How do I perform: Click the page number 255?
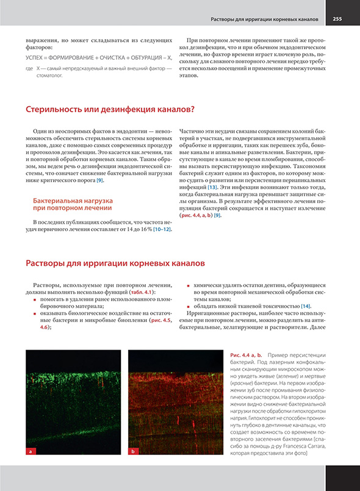(337, 19)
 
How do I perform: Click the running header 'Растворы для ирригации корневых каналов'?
(264, 19)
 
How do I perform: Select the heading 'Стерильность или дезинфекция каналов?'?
(110, 110)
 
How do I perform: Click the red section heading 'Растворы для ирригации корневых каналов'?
(115, 263)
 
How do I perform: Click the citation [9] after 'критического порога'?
(99, 181)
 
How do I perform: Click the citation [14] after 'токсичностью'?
(305, 306)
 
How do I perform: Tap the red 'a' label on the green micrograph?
(29, 451)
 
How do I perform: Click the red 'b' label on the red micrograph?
(133, 451)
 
